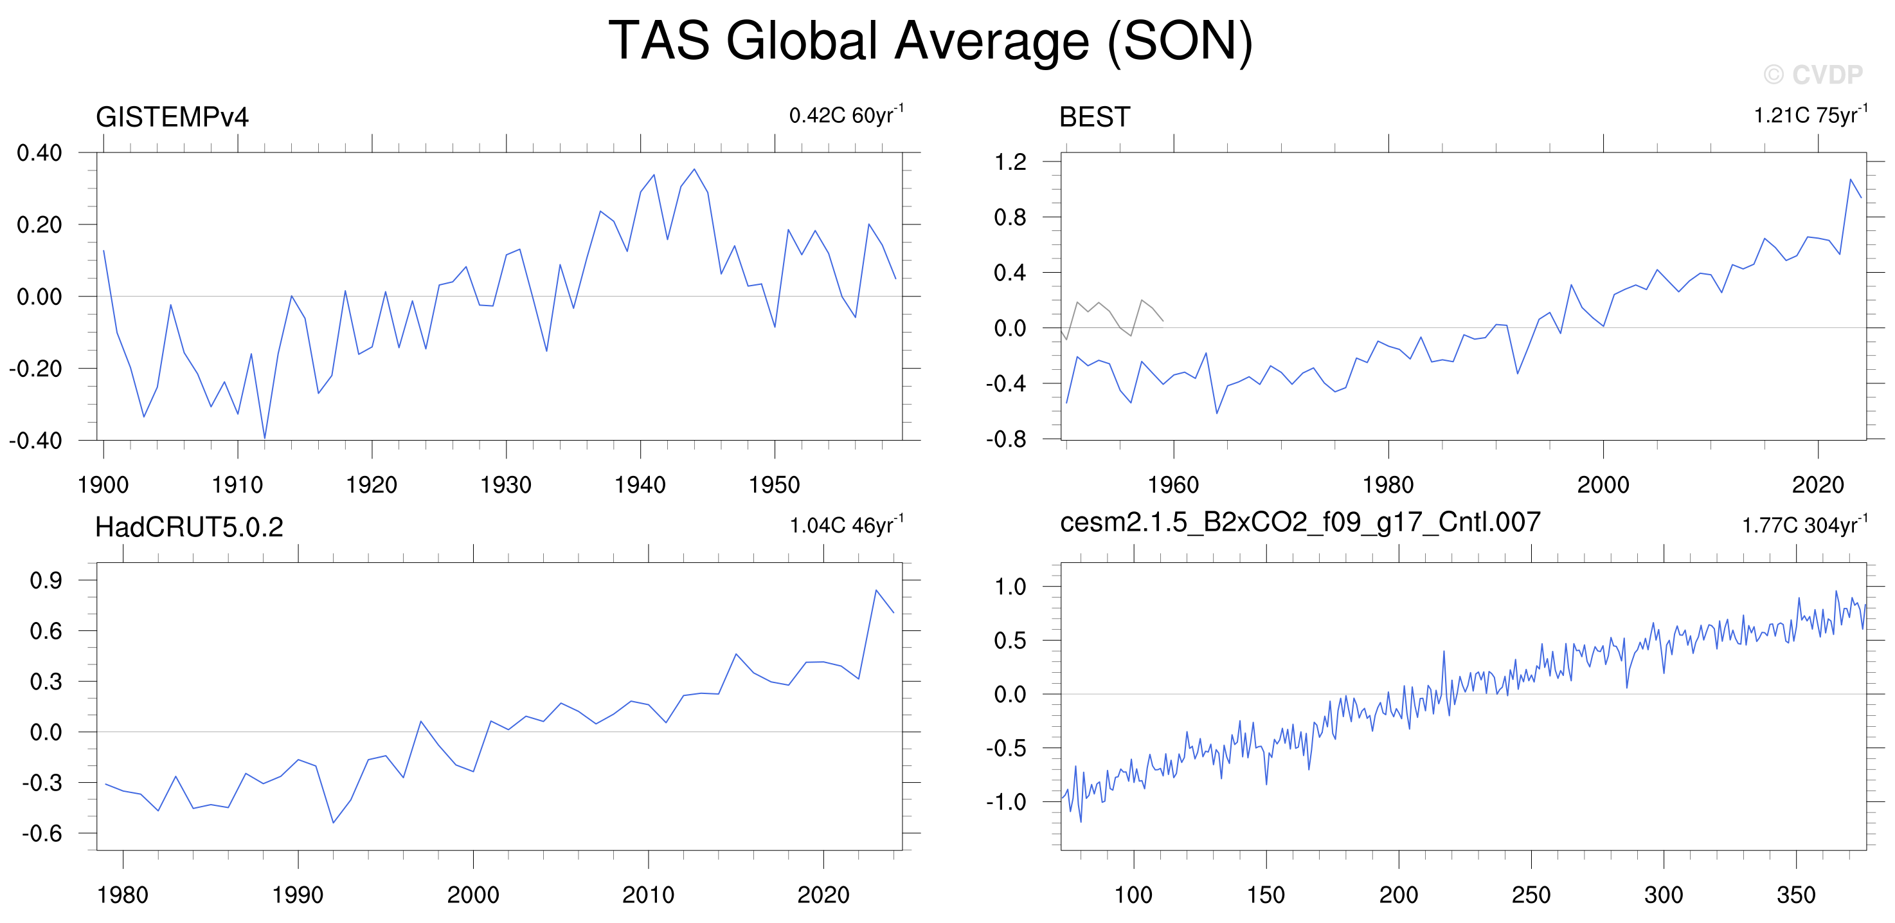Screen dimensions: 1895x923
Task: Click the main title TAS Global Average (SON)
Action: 930,41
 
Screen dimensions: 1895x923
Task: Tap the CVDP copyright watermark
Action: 1813,75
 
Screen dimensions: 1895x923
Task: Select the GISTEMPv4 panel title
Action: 172,117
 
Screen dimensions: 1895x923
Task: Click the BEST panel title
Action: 1094,117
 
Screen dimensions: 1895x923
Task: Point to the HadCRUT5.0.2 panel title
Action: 189,527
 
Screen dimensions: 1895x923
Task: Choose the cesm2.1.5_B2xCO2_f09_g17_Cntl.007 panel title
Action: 1300,522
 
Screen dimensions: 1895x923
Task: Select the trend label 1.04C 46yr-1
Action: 847,524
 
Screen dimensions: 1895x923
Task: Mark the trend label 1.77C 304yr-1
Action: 1804,524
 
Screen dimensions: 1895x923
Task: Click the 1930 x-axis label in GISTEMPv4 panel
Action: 505,485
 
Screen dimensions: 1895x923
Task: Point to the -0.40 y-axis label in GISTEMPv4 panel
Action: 35,440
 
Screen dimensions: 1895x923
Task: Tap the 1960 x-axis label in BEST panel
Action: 1173,485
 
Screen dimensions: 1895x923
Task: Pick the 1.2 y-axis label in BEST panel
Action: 1010,162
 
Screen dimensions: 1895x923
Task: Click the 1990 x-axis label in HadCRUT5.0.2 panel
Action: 297,895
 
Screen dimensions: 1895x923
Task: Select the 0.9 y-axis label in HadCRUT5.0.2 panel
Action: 46,580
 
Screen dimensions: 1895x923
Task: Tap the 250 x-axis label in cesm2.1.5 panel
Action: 1531,895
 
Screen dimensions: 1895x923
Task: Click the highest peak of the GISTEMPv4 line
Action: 694,169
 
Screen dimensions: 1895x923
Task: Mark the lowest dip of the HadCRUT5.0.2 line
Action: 333,823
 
